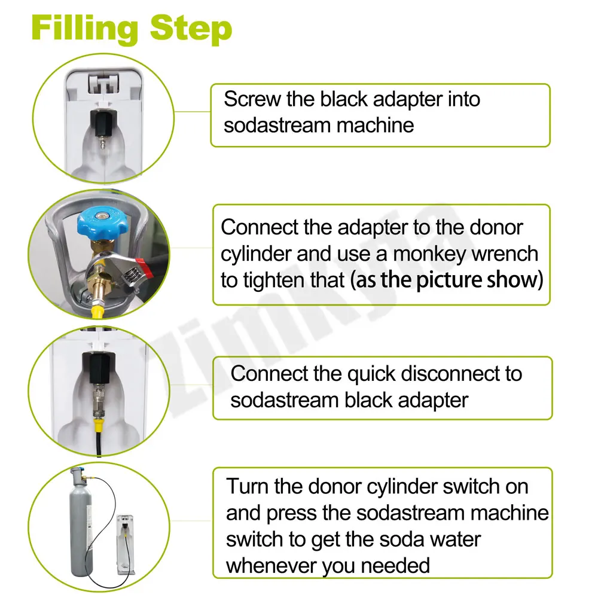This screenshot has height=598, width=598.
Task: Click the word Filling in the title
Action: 85,29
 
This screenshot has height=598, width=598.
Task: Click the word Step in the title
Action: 191,29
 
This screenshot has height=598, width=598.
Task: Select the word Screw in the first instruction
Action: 252,99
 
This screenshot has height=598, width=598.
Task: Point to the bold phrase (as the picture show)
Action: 447,280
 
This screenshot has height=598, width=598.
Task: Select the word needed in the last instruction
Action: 395,566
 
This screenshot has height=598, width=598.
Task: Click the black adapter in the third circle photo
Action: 99,367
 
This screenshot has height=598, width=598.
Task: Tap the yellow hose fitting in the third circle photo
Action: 99,425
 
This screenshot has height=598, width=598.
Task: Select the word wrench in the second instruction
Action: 505,254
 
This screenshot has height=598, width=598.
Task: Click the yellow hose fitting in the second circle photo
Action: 97,309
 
